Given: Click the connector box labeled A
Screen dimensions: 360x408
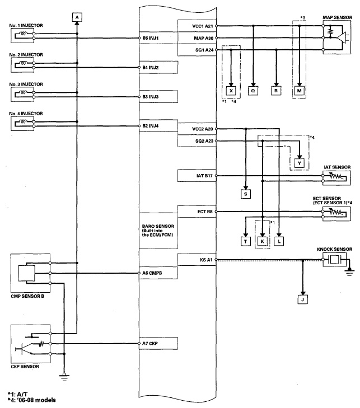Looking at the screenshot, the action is [x=77, y=17].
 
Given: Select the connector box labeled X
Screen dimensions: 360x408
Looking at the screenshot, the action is [x=231, y=91].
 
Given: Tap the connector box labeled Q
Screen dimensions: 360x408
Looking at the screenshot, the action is [x=253, y=91].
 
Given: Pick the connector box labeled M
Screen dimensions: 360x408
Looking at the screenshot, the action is [x=300, y=91].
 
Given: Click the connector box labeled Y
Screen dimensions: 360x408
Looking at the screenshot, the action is [x=300, y=163].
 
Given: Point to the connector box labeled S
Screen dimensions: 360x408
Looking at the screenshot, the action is [x=246, y=194].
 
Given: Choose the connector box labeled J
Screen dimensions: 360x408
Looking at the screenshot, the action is [x=302, y=299].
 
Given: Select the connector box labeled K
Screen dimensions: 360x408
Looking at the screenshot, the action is [x=263, y=241].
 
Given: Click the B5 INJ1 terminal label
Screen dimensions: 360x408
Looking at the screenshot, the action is [x=151, y=38].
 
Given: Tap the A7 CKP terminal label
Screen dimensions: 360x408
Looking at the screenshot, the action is [x=150, y=344].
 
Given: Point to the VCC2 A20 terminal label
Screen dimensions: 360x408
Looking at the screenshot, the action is [x=203, y=129].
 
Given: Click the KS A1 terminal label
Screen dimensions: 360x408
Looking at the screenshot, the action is [x=206, y=260].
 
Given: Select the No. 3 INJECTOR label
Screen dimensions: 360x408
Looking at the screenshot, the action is [x=26, y=85].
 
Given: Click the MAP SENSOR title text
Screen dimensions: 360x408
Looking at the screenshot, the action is [x=338, y=17].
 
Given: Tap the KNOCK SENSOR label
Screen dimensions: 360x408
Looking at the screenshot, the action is [x=334, y=249].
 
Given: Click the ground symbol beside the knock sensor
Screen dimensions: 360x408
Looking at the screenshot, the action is [x=349, y=273].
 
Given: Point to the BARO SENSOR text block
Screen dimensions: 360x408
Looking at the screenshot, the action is [x=158, y=231].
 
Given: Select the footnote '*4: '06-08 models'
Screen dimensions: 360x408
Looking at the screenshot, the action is [x=32, y=400].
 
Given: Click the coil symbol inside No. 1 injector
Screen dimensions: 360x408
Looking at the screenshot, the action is [x=24, y=34].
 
